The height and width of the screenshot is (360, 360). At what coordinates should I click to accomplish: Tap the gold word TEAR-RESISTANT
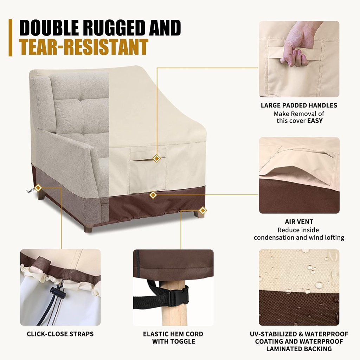tap(83, 47)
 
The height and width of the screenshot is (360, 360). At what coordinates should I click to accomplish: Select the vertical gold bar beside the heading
tap(11, 38)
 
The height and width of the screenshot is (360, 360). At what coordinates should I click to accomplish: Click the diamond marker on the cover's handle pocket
tap(157, 159)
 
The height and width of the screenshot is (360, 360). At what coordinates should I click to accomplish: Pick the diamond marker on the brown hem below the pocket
tap(153, 195)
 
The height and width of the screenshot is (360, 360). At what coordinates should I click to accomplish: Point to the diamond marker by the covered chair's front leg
tap(202, 211)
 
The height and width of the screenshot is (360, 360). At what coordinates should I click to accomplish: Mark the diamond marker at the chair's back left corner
tap(38, 188)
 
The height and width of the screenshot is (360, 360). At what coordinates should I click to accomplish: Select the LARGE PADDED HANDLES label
tap(299, 105)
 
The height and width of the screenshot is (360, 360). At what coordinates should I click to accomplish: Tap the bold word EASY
tap(315, 121)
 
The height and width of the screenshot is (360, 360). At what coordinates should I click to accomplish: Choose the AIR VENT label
tap(299, 222)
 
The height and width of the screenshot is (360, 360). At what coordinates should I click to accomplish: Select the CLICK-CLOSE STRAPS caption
tap(60, 334)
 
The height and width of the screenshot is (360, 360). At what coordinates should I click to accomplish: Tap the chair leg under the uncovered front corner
tap(88, 229)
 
